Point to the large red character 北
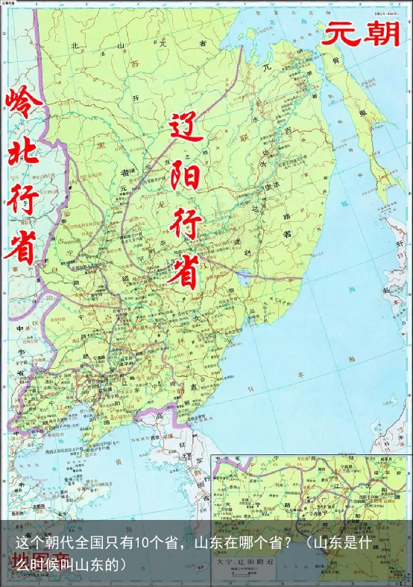click(23, 155)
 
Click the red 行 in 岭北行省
click(23, 199)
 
